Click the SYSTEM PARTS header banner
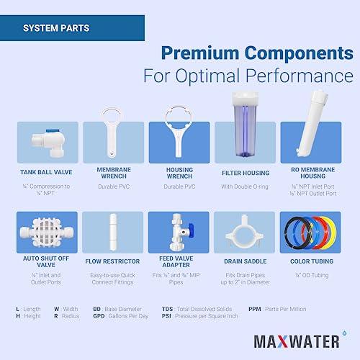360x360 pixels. click(x=72, y=30)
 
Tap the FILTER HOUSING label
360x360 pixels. click(x=245, y=173)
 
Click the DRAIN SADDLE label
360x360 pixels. click(x=245, y=264)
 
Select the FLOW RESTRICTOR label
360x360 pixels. click(x=112, y=264)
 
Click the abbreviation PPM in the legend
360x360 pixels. click(x=253, y=309)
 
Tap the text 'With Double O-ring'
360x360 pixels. click(x=245, y=186)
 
